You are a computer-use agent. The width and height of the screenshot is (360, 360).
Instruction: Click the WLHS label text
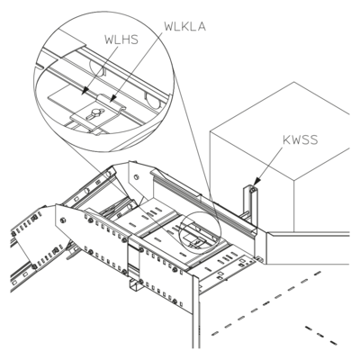[x=121, y=40]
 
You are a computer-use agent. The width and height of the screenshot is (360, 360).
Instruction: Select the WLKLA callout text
[x=185, y=26]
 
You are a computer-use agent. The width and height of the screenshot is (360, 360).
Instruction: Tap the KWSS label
[x=300, y=139]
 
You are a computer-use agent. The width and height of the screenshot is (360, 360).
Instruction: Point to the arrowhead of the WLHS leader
[x=85, y=90]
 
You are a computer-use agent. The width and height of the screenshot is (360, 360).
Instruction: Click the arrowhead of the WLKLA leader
[x=113, y=98]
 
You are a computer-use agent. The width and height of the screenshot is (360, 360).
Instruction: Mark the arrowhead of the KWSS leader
[x=256, y=183]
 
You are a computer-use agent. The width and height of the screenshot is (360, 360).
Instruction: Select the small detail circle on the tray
[x=200, y=230]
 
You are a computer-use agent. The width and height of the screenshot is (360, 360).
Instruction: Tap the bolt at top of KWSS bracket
[x=253, y=190]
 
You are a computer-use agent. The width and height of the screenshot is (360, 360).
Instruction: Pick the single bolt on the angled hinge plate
[x=62, y=220]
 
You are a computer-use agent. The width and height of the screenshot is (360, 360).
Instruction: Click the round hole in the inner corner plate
[x=137, y=177]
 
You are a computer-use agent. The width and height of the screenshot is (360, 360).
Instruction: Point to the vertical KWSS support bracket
[x=250, y=207]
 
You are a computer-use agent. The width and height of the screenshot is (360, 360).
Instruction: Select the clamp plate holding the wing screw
[x=97, y=114]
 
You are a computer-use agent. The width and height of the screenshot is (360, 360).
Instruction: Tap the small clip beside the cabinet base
[x=259, y=258]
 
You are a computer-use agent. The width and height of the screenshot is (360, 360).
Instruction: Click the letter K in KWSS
[x=287, y=139]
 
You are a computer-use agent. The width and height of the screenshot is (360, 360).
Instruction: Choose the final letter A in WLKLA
[x=202, y=26]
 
